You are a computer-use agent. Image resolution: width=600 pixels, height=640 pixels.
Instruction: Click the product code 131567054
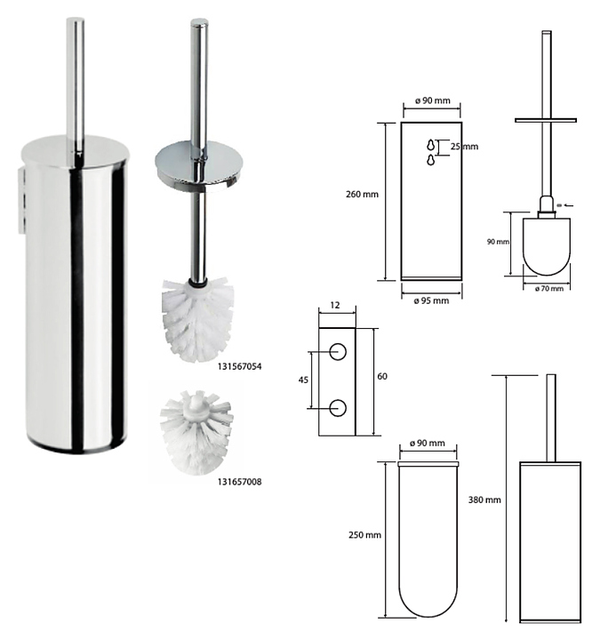pos(239,366)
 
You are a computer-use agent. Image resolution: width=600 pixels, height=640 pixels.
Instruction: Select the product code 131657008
pos(239,482)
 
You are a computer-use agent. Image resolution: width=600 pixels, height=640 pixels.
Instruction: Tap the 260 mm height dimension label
pos(362,195)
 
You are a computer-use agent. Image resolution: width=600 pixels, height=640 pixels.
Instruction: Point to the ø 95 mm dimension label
pos(431,300)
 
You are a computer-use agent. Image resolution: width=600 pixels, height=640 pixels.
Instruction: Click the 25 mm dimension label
pos(465,147)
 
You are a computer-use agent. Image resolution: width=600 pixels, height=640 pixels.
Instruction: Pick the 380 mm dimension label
pos(484,500)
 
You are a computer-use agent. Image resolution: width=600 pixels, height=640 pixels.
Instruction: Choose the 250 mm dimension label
pos(365,535)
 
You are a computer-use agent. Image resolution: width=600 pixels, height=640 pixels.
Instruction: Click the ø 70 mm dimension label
pos(549,289)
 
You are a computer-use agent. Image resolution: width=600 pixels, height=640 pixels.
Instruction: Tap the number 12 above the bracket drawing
pos(335,305)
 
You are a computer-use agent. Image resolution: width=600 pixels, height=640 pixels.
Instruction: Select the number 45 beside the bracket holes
pos(303,380)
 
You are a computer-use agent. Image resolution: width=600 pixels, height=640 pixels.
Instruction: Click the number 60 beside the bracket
pos(382,376)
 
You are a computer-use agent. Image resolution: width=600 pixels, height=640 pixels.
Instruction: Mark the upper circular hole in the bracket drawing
pos(338,352)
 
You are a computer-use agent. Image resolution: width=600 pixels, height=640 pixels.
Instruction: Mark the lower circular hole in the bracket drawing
pos(338,408)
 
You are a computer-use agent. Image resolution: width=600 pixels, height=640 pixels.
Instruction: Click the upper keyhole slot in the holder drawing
pos(431,145)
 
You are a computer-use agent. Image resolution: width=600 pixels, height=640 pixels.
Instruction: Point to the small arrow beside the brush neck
pos(570,205)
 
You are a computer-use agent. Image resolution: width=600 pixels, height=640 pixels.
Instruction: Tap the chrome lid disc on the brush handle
pos(199,165)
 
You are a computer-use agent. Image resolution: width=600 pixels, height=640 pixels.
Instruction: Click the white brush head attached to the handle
pos(198,320)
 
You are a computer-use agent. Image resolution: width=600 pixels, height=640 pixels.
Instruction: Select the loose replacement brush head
pos(196,432)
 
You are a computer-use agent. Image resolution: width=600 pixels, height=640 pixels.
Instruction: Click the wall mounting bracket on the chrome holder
pos(21,202)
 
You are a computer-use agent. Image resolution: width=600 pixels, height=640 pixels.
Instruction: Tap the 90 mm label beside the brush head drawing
pos(498,242)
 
